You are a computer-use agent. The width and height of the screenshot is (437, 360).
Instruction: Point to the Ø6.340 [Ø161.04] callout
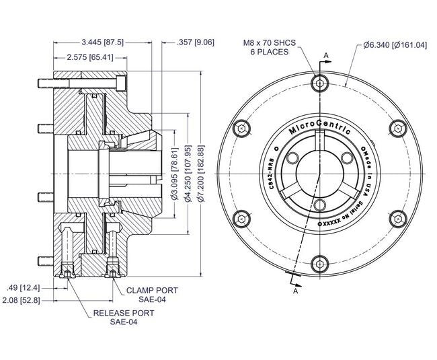click(x=395, y=45)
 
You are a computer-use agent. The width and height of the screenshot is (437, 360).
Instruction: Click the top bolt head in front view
click(x=319, y=83)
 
